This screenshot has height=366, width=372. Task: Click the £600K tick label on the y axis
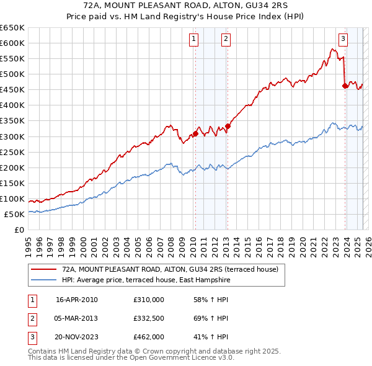click(13, 43)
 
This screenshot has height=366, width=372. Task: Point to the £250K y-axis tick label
click(13, 152)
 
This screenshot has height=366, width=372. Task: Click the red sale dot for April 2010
click(195, 133)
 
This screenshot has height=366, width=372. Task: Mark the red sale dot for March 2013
click(228, 126)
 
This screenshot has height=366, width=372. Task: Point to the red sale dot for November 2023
click(345, 86)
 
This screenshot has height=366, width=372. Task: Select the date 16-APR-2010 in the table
click(77, 300)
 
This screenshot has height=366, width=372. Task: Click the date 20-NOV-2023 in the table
click(77, 337)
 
